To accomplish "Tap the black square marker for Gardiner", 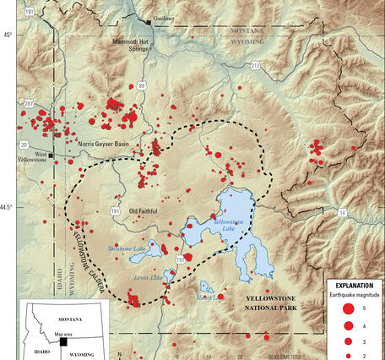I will pyautogui.click(x=149, y=21).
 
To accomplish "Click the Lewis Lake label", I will pyautogui.click(x=147, y=278).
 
